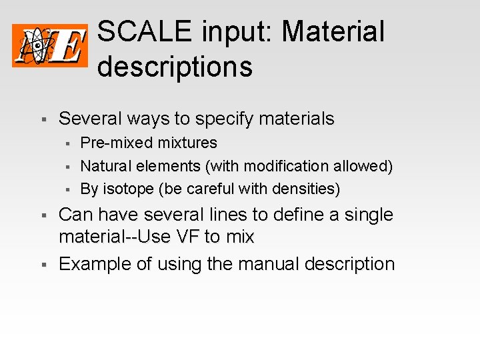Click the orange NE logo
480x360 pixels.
coord(50,45)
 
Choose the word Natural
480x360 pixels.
coord(105,166)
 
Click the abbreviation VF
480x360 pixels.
coord(184,237)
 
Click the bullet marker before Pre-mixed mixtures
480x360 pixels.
coord(67,143)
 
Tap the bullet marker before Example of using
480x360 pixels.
coord(43,265)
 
